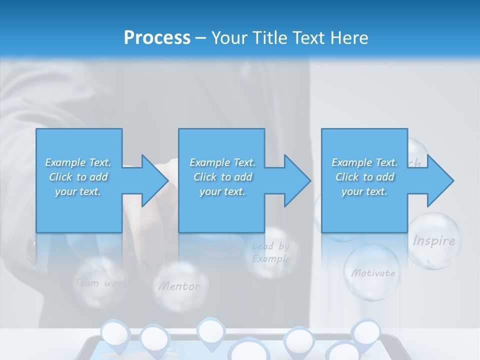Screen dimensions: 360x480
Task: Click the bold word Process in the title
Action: [x=157, y=38]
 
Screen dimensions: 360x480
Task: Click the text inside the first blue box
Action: [x=78, y=177]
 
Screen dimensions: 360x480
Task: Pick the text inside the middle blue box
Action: [x=222, y=177]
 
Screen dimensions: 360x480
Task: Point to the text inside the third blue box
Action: [x=364, y=177]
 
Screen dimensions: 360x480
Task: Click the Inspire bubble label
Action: [x=433, y=241]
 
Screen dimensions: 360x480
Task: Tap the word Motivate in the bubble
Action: [x=373, y=273]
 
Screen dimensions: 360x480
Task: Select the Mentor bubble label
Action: [x=179, y=286]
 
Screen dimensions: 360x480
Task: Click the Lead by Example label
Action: [x=270, y=252]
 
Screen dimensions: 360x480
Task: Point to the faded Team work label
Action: [x=99, y=283]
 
